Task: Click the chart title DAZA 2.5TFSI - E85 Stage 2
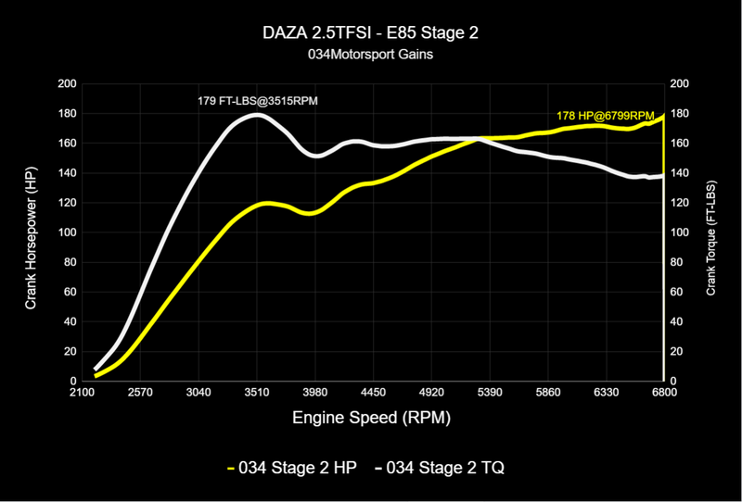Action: coord(371,34)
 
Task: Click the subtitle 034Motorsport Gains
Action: coord(371,55)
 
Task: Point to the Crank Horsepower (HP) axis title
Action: coord(32,232)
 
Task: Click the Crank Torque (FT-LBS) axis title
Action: coord(711,232)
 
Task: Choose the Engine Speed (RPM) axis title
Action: coord(372,418)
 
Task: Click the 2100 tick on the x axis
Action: coord(83,393)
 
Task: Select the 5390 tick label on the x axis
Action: coord(490,393)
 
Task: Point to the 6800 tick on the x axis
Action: coord(663,393)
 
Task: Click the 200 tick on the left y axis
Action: coord(67,84)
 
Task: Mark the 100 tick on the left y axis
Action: coord(67,232)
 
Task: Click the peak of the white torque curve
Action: coord(257,115)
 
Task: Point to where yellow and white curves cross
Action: coord(479,139)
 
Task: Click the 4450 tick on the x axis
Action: coord(373,393)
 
